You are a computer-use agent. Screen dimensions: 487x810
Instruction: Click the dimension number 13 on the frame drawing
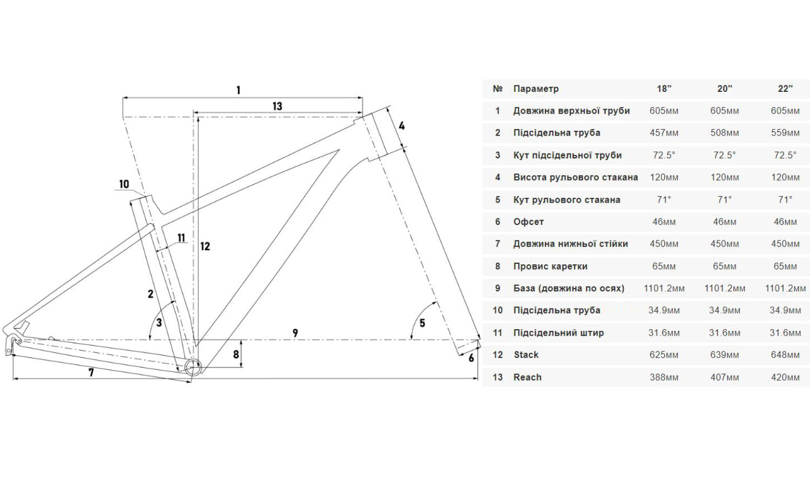(277, 106)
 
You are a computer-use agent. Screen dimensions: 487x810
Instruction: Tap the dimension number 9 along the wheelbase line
(295, 333)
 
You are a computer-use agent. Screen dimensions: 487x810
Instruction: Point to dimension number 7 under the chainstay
(91, 372)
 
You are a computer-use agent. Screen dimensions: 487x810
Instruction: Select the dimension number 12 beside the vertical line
(205, 246)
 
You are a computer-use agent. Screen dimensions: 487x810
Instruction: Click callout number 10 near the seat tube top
(124, 184)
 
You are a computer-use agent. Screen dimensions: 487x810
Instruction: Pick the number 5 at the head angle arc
(422, 323)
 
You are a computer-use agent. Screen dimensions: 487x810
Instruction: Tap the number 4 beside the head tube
(402, 126)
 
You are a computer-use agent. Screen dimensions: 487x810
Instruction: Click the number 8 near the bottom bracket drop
(236, 355)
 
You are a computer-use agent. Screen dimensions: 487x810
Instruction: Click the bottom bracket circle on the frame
(193, 367)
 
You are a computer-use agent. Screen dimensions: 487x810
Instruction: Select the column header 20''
(725, 89)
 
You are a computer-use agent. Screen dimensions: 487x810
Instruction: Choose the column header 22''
(785, 89)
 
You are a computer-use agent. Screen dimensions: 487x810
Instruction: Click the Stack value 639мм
(725, 355)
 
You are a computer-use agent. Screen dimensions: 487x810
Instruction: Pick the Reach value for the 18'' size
(664, 377)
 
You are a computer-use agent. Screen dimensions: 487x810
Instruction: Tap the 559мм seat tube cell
(785, 133)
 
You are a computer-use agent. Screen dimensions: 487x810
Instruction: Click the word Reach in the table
(527, 377)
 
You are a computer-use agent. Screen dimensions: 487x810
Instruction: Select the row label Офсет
(528, 222)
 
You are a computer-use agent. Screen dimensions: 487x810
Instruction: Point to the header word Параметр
(536, 89)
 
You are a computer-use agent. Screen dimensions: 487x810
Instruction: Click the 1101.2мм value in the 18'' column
(664, 289)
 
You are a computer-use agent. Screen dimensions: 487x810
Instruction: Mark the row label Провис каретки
(550, 266)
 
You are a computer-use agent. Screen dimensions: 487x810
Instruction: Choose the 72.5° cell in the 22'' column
(785, 155)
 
